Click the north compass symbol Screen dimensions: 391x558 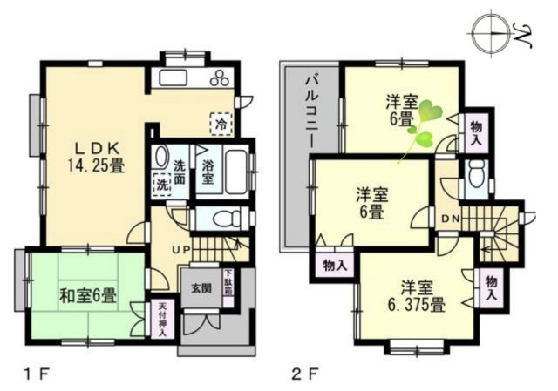(x=493, y=33)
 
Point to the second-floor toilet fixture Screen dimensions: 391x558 (x=475, y=177)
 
